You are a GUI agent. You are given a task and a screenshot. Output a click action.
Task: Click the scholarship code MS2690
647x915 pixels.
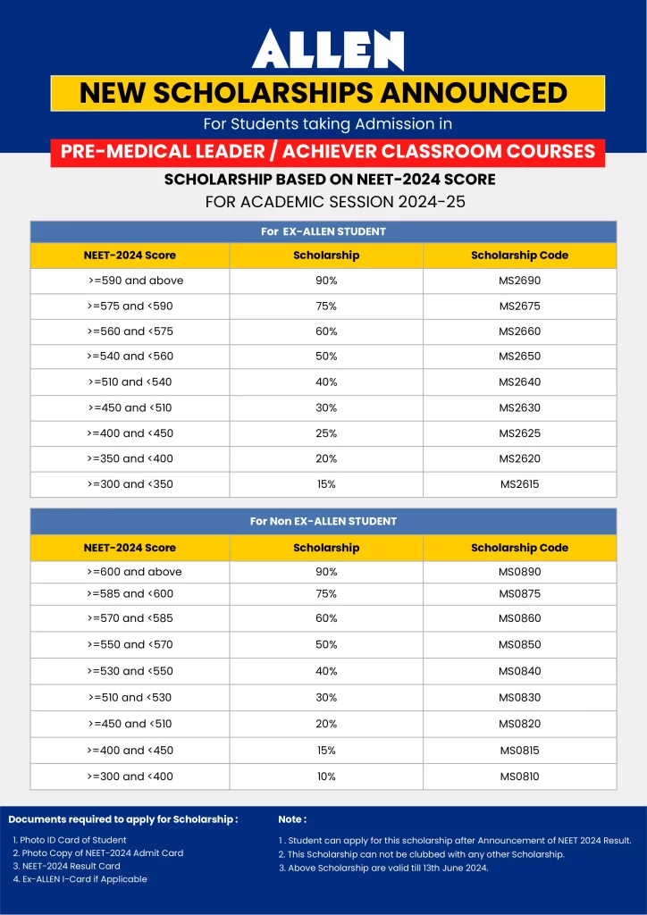coord(519,281)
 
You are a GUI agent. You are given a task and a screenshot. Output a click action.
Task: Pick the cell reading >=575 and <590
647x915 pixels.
coord(130,306)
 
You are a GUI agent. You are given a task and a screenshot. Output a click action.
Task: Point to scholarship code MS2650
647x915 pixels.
coord(519,357)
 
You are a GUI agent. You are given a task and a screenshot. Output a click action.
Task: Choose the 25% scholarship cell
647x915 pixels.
coord(326,433)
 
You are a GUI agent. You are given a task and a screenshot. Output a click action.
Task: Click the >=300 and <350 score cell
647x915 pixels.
coord(130,484)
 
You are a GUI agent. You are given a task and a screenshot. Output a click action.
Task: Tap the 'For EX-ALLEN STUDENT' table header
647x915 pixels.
coord(323,231)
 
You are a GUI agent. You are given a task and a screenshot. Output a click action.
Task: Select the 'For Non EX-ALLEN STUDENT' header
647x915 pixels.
coord(323,521)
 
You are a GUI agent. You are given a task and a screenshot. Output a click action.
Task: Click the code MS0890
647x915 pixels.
coord(519,572)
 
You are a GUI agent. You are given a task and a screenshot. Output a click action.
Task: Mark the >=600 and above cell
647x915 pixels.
coord(134,572)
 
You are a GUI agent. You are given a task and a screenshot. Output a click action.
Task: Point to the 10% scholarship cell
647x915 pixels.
coord(326,776)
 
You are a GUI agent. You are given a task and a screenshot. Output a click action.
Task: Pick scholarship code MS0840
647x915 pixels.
coord(519,671)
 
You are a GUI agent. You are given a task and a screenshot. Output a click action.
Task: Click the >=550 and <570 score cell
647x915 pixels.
coord(130,644)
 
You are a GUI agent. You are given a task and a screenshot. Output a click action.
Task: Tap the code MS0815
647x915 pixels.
coord(519,751)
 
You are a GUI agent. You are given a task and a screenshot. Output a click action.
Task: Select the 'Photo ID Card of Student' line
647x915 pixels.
coord(70,840)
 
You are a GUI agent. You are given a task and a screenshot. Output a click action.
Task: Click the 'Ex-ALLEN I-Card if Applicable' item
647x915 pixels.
coord(80,879)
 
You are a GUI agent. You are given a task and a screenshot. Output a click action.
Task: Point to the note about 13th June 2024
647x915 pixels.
coord(383,868)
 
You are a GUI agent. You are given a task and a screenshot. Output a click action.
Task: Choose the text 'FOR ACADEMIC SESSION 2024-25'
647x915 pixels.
coord(335,201)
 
